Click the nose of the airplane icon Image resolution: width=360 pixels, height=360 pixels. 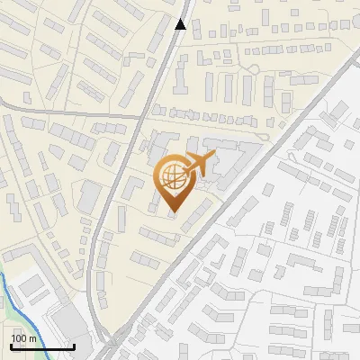[213, 157]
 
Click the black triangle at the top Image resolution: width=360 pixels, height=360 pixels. [181, 24]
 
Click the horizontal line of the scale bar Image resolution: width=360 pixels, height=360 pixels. [42, 346]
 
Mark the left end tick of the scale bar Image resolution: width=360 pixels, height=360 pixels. [11, 345]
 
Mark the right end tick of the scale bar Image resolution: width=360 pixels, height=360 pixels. [74, 345]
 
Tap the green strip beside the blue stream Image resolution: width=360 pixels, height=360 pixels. [4, 315]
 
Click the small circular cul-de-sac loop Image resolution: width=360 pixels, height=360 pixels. [254, 70]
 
